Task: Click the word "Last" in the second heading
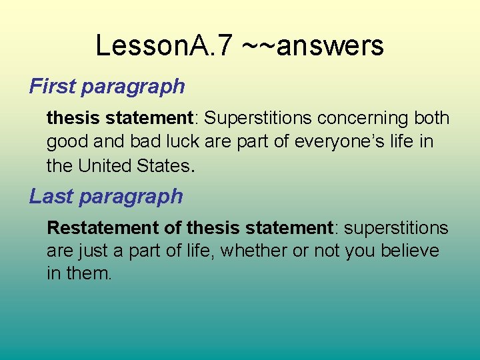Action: click(49, 196)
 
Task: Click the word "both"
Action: click(431, 118)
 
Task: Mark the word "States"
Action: click(165, 165)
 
